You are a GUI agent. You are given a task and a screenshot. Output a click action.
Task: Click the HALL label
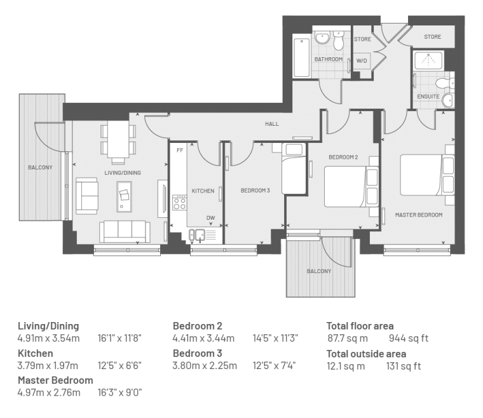(x=272, y=124)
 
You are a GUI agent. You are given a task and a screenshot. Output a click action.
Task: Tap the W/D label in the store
(x=362, y=60)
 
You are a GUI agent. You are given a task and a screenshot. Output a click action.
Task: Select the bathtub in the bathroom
(x=302, y=58)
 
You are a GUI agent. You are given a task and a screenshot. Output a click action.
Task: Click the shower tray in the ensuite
(x=428, y=60)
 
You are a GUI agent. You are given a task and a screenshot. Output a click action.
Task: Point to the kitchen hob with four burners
(x=180, y=203)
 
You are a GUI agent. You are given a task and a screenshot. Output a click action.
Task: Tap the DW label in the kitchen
(x=211, y=218)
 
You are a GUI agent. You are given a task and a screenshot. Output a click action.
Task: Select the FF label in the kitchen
(x=180, y=150)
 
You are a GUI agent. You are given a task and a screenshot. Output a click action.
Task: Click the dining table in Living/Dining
(x=118, y=139)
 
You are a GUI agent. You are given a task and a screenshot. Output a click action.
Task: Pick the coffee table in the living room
(x=124, y=197)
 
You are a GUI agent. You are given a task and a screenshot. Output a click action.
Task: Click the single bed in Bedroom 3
(x=294, y=169)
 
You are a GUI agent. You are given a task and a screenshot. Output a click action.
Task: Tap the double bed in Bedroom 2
(x=351, y=187)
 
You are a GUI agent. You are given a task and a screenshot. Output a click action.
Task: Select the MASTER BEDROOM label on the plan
(x=419, y=215)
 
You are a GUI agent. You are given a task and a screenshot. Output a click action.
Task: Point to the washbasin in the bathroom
(x=322, y=38)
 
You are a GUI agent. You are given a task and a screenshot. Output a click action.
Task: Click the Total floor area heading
(x=360, y=326)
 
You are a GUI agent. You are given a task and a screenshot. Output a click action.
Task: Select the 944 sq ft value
(x=409, y=339)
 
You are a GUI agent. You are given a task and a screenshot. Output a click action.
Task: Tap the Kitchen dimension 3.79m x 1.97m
(x=48, y=366)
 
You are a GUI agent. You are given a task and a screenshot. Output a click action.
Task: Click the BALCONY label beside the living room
(x=40, y=168)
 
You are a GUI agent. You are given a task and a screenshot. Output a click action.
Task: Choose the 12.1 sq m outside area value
(x=346, y=366)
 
